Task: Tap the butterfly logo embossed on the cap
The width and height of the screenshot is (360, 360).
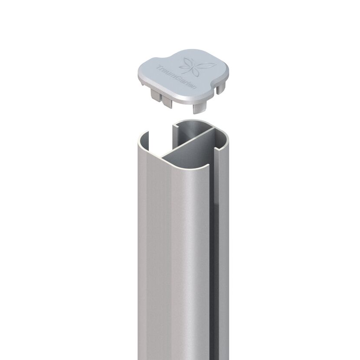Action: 197,65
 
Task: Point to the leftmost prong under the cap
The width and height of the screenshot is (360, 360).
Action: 155,95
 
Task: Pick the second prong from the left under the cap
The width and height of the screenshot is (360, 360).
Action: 167,102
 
